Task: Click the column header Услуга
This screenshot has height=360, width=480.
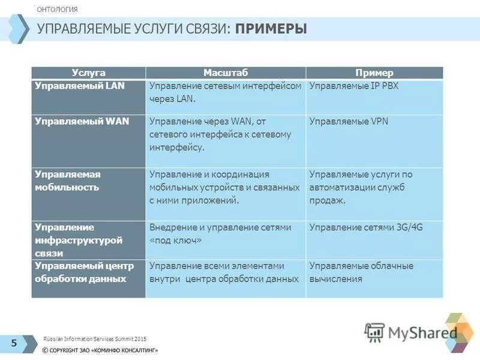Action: [88, 73]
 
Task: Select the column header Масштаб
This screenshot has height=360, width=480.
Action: [225, 73]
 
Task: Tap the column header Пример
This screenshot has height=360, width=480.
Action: [374, 73]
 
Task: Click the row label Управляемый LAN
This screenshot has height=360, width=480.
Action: [80, 86]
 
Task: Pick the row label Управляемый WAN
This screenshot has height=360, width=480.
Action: [82, 121]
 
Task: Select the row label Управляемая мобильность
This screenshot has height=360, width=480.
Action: [67, 181]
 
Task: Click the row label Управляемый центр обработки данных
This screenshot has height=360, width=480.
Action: [84, 272]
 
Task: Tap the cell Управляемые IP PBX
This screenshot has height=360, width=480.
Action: [354, 86]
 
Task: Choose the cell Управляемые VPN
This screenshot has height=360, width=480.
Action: [349, 121]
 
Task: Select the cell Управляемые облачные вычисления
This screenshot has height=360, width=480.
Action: [361, 272]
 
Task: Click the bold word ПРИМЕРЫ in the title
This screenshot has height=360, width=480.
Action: [271, 29]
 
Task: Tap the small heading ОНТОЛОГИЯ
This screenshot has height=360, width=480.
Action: [57, 10]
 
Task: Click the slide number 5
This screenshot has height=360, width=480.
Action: [14, 343]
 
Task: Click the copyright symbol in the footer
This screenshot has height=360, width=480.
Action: [46, 350]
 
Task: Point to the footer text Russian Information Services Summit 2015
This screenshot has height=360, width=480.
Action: [95, 339]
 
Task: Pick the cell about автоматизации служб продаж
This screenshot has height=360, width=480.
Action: [361, 187]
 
